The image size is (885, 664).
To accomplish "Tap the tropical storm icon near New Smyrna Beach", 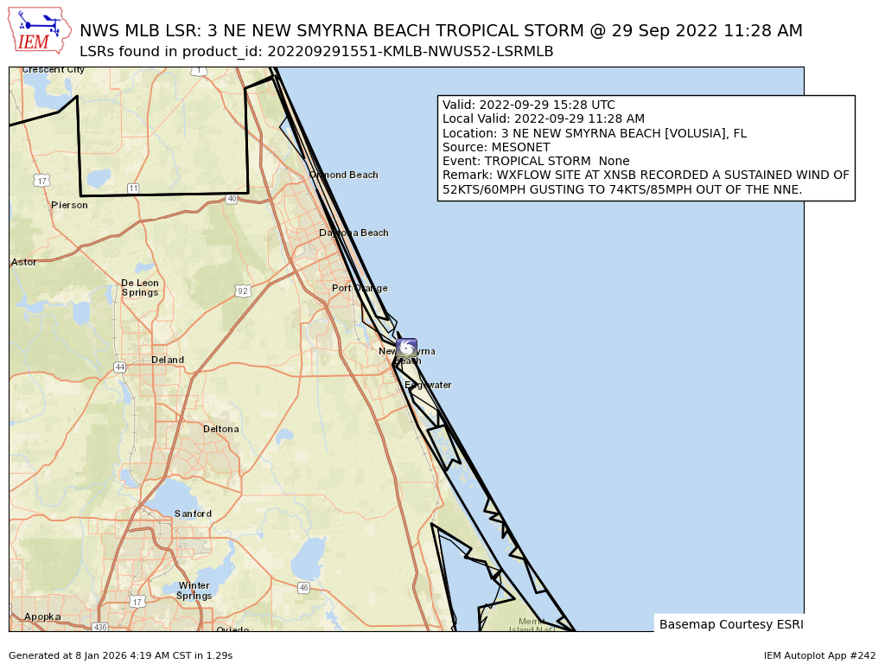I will point(406,348).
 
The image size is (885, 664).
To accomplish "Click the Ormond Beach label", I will point(344,175).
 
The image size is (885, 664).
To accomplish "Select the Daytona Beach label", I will point(353,233).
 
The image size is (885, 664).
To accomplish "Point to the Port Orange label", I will point(360,288).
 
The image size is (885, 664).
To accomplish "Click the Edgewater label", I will point(428,385).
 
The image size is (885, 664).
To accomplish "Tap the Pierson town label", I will point(69,205).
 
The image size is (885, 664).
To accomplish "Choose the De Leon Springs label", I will point(139,287).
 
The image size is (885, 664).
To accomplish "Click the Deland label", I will point(168,360).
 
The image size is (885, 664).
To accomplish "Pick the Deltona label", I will point(220,429).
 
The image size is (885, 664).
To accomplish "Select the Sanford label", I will point(193,514).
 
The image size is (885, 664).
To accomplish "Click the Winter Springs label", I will point(194,591).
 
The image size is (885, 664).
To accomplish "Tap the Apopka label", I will point(42,616).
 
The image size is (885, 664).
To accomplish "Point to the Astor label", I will point(24,262).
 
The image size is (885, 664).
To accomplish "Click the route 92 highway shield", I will point(243,291).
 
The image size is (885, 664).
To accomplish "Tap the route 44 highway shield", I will point(119,367).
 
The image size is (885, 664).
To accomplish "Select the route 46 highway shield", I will point(303,588).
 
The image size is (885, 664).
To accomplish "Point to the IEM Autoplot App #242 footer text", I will point(819,655).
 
